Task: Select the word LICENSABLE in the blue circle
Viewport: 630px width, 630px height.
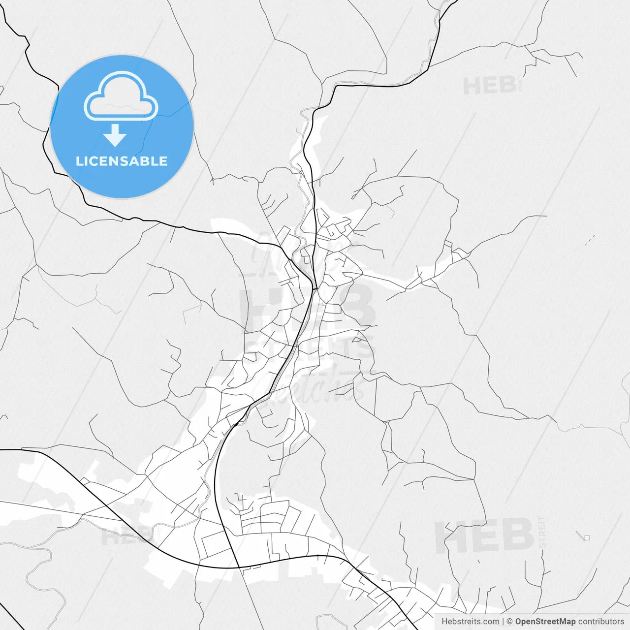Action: [122, 161]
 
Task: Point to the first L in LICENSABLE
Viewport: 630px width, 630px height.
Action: [79, 161]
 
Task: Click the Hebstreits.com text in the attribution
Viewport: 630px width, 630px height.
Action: [470, 622]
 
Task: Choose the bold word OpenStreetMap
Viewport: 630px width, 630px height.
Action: [545, 622]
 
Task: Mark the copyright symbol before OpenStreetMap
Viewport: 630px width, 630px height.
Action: [509, 622]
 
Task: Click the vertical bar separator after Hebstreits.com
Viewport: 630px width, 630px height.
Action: [503, 622]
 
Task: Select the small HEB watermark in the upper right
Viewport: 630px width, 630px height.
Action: [489, 86]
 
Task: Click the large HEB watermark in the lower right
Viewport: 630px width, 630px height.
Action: [484, 536]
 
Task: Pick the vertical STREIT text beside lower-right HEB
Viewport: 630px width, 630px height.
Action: [542, 532]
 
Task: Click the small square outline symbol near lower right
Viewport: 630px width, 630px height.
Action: [586, 537]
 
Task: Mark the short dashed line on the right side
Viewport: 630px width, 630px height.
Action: [590, 240]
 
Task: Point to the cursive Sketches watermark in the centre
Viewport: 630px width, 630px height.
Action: [315, 386]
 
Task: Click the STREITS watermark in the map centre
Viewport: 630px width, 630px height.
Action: [310, 348]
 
